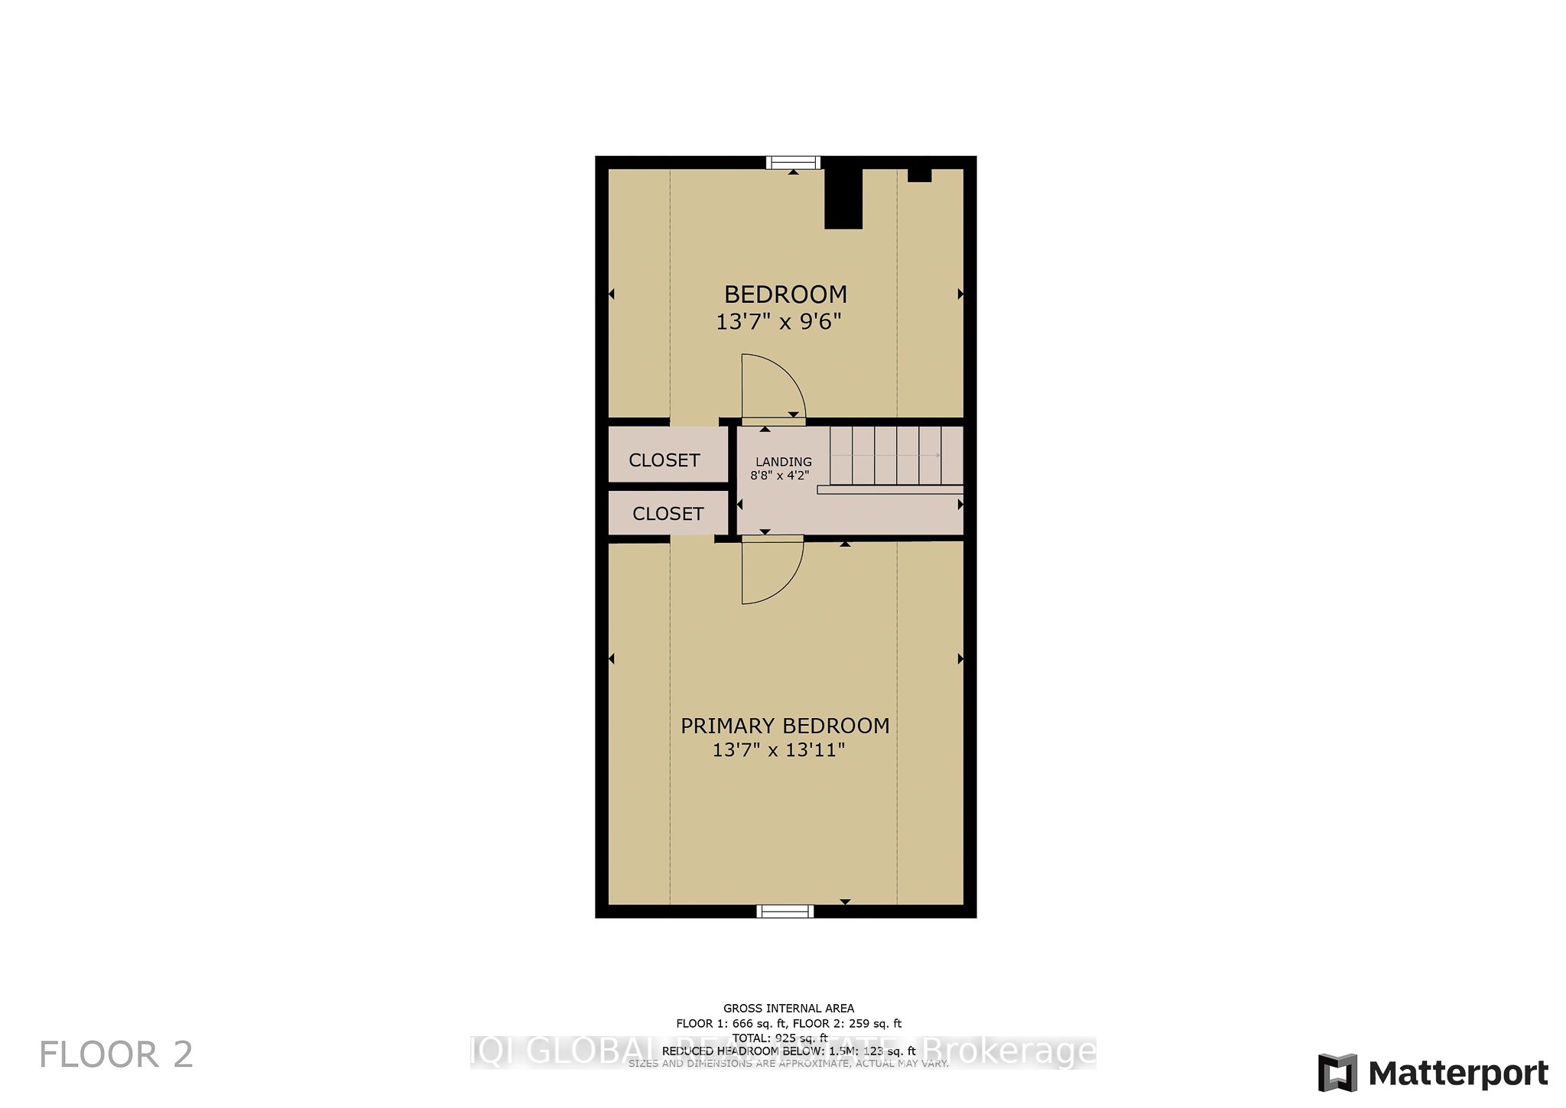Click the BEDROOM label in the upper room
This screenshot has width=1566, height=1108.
pyautogui.click(x=785, y=294)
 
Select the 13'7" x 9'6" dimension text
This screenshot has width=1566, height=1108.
pyautogui.click(x=778, y=322)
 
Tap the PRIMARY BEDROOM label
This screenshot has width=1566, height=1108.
pyautogui.click(x=785, y=726)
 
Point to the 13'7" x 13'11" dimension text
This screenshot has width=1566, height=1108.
pyautogui.click(x=778, y=749)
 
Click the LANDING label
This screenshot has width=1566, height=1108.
pyautogui.click(x=784, y=462)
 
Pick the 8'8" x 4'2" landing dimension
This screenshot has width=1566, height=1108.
pyautogui.click(x=779, y=475)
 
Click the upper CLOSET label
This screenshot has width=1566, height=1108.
pyautogui.click(x=664, y=460)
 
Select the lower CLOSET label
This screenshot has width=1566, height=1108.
pyautogui.click(x=668, y=514)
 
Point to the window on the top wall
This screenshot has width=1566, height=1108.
pyautogui.click(x=794, y=162)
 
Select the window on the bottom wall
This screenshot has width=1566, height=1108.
pyautogui.click(x=785, y=911)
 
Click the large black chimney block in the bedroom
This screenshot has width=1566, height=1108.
pyautogui.click(x=843, y=199)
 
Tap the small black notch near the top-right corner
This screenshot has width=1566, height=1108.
pyautogui.click(x=919, y=175)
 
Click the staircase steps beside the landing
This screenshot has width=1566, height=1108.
pyautogui.click(x=896, y=456)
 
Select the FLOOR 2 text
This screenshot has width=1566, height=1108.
pyautogui.click(x=116, y=1055)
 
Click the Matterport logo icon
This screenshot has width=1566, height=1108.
pyautogui.click(x=1337, y=1073)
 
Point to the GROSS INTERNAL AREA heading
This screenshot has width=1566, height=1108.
pyautogui.click(x=788, y=1009)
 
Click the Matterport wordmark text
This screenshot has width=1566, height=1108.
pyautogui.click(x=1458, y=1074)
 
